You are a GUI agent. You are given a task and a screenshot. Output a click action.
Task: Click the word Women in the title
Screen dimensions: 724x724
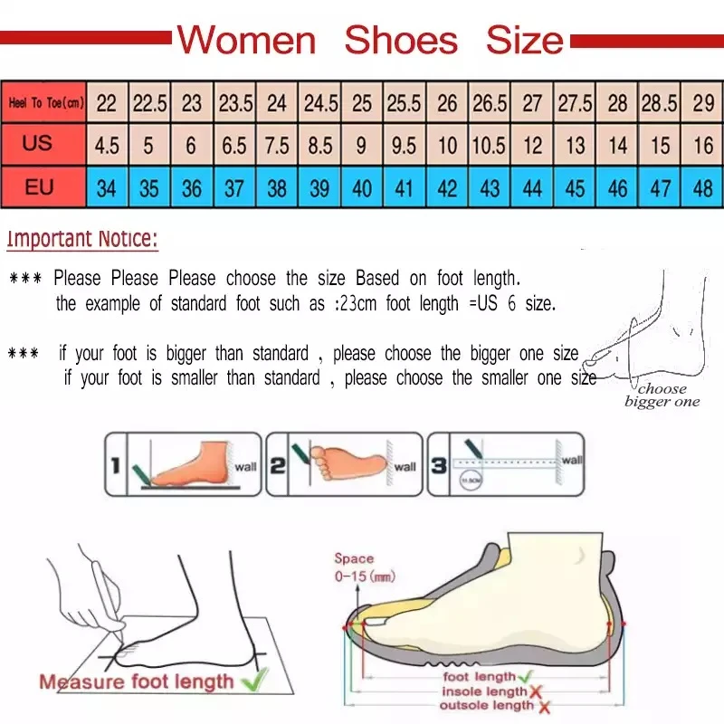pyautogui.click(x=246, y=41)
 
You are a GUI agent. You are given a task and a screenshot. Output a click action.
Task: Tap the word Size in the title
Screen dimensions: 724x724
pyautogui.click(x=524, y=41)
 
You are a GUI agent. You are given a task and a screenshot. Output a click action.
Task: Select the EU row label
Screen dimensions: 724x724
pyautogui.click(x=39, y=188)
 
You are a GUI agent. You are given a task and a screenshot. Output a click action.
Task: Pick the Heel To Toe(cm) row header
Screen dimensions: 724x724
pyautogui.click(x=45, y=103)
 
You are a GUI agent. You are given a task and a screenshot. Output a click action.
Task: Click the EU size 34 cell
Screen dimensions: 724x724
pyautogui.click(x=107, y=189)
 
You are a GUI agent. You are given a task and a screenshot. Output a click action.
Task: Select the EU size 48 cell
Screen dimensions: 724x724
pyautogui.click(x=703, y=189)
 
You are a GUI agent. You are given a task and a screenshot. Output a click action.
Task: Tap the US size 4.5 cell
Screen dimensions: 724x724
pyautogui.click(x=107, y=146)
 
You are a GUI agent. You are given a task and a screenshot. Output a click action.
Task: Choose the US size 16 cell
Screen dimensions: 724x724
pyautogui.click(x=703, y=146)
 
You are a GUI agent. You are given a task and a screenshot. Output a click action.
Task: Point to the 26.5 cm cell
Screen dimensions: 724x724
pyautogui.click(x=490, y=103)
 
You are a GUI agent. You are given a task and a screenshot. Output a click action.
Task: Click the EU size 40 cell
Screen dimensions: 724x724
pyautogui.click(x=362, y=189)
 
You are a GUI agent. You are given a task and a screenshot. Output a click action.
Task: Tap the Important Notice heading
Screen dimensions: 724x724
pyautogui.click(x=82, y=240)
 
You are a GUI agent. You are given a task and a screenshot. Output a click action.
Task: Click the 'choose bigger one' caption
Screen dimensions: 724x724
pyautogui.click(x=662, y=395)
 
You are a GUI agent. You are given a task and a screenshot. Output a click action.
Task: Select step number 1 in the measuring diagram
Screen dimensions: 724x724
pyautogui.click(x=116, y=466)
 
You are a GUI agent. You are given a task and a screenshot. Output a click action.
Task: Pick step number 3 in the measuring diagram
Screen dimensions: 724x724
pyautogui.click(x=438, y=466)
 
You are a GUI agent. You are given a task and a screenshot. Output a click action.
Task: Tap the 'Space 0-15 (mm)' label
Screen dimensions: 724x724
pyautogui.click(x=363, y=567)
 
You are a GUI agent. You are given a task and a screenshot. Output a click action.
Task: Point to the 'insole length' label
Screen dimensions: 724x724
pyautogui.click(x=483, y=691)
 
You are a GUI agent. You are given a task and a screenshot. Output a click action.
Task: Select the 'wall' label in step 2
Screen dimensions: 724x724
pyautogui.click(x=405, y=467)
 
